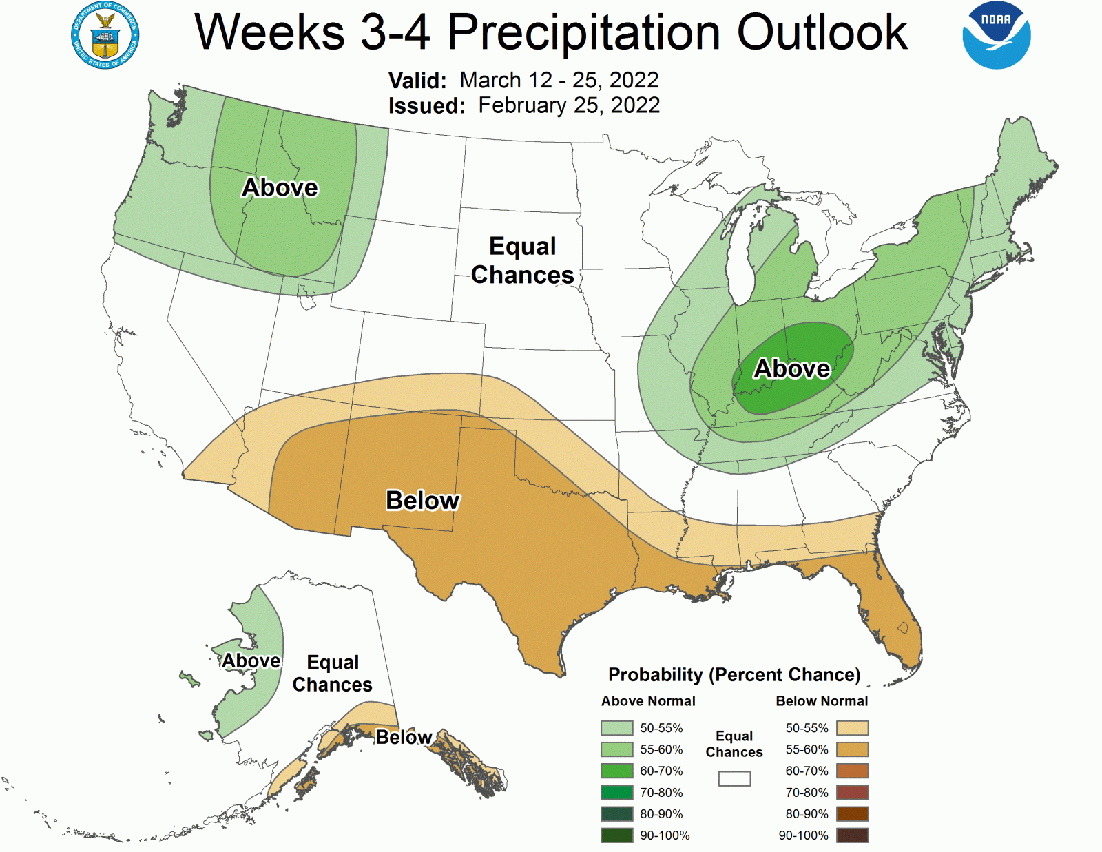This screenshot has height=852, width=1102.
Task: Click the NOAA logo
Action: pos(996,35)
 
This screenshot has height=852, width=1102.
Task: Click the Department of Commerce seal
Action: pos(105,35)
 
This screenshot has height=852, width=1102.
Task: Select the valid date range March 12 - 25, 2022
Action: pos(559,80)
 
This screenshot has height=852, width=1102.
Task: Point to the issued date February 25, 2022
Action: pos(569,105)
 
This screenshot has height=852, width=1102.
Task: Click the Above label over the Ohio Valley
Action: pos(792,368)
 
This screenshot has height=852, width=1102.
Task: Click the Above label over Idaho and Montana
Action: pos(280,187)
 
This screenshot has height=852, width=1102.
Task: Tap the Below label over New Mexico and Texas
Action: pos(422,500)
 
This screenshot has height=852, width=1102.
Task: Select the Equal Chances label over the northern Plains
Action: pos(522,260)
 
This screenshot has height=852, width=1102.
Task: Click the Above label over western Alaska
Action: pos(251,661)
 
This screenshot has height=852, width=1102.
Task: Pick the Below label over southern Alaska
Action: pos(404,737)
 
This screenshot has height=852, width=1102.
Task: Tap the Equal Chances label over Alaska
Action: pos(332,673)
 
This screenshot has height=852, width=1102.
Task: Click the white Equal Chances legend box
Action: pos(734,778)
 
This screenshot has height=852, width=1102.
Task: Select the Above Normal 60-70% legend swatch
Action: pos(616,771)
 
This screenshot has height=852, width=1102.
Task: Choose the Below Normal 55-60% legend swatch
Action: pos(852,749)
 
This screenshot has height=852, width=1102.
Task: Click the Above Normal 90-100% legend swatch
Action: pos(616,835)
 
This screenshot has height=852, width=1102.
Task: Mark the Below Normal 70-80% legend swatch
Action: pos(852,792)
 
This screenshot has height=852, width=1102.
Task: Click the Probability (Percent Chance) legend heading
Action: pos(734,674)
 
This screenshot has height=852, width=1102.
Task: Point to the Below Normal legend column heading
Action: pos(822,701)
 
